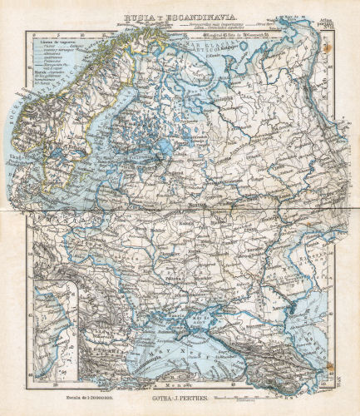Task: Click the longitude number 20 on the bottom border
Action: coord(56,384)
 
